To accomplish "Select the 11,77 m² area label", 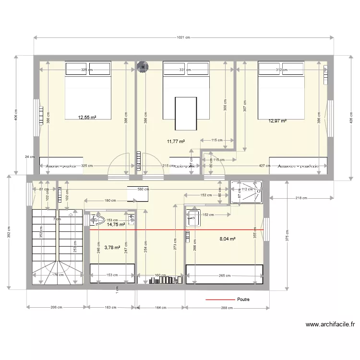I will [176, 141].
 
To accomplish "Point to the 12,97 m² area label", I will [277, 121].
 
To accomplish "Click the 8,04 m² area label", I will [228, 238].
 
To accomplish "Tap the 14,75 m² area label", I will [116, 224].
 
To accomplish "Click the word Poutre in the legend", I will [243, 300].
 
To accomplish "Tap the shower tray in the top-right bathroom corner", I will [246, 192].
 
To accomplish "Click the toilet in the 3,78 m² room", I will [98, 220].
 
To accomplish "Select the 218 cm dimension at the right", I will [301, 198].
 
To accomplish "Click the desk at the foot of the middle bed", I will [186, 113].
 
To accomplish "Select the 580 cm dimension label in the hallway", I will [143, 189].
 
